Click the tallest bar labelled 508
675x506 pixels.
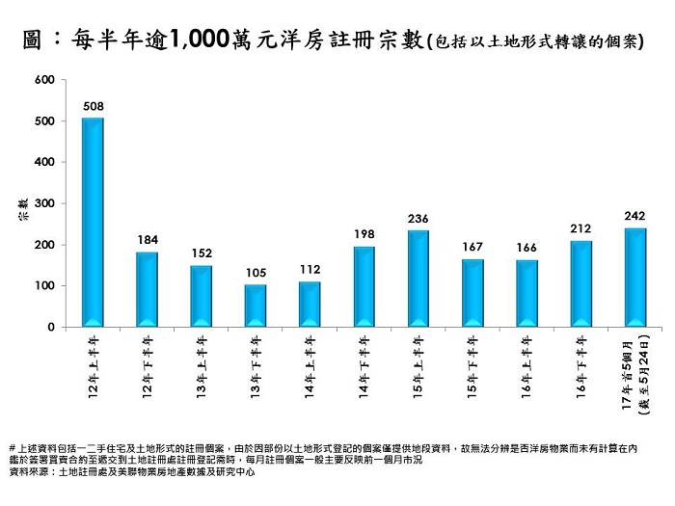point(93,222)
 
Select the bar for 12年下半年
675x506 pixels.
point(147,289)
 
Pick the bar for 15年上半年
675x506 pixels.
point(418,279)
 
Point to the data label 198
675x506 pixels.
point(364,234)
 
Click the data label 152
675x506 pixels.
point(201,253)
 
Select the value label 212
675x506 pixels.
point(580,228)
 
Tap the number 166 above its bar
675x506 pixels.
point(526,248)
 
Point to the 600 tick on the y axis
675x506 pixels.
point(44,80)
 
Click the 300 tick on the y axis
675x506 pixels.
point(44,204)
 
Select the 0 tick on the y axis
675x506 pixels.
point(50,328)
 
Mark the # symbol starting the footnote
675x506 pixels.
point(11,448)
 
